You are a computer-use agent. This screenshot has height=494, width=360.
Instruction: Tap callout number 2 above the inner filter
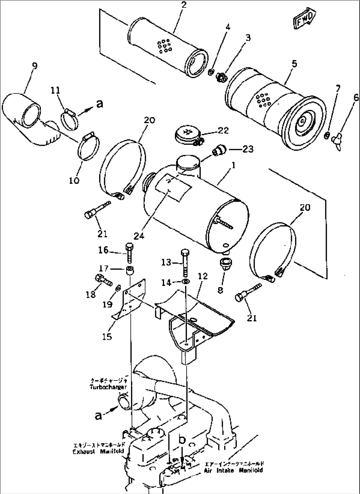[x=184, y=5]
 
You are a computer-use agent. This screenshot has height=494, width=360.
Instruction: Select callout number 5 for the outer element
[x=294, y=64]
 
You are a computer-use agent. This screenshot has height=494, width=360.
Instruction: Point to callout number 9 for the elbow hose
[x=34, y=66]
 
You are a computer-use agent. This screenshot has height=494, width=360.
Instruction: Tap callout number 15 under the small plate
[x=107, y=337]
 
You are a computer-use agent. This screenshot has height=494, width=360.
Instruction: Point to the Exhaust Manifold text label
[x=98, y=451]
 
